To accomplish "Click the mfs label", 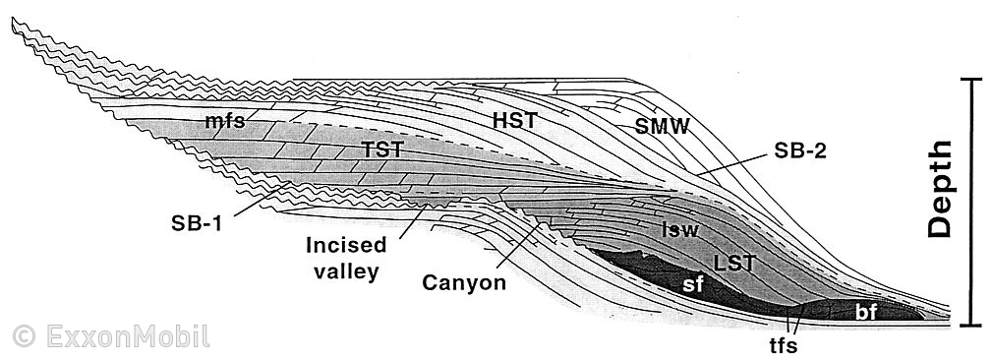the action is click(x=225, y=122).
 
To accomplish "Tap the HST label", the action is click(x=512, y=119).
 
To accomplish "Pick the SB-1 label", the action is click(x=194, y=222).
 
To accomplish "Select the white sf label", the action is click(x=692, y=285).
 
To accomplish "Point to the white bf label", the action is click(x=865, y=312).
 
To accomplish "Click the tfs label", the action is click(x=784, y=347).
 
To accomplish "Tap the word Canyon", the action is click(x=463, y=283).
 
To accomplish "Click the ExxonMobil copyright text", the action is click(x=107, y=336).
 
